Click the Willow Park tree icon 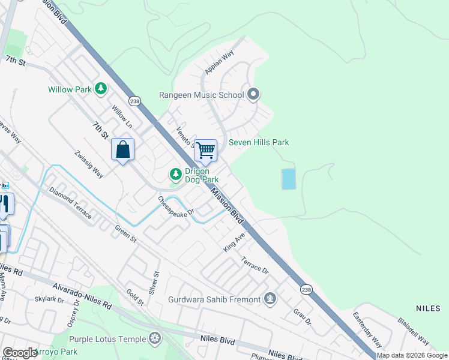click(101, 89)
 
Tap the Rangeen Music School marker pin click(253, 94)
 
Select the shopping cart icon click(205, 150)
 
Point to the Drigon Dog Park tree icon click(175, 175)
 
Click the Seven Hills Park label click(259, 142)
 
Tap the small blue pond click(289, 179)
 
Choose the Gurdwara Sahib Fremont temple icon click(270, 299)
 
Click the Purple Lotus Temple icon click(155, 339)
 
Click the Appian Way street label click(218, 62)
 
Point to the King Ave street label click(235, 243)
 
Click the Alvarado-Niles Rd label click(82, 296)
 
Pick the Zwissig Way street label click(89, 164)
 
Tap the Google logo click(20, 353)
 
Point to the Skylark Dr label click(49, 299)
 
